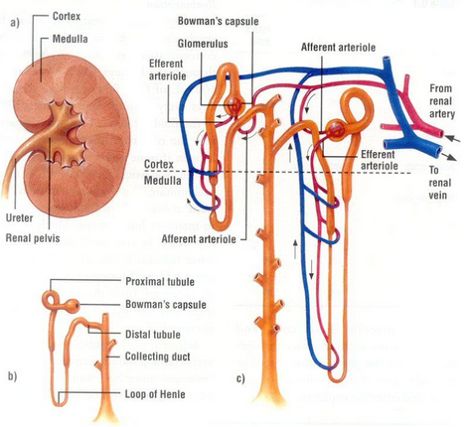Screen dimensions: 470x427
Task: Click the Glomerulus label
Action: (203, 44)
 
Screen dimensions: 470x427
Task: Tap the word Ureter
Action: (20, 217)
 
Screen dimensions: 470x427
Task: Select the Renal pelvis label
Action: (33, 238)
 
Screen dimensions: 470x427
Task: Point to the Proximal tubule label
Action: (160, 282)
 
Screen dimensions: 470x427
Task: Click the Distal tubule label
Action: (153, 334)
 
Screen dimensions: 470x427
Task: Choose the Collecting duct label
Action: (157, 356)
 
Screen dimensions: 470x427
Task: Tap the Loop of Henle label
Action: (155, 394)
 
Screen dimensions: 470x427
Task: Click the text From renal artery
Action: (442, 101)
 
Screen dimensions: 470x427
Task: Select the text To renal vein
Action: (440, 183)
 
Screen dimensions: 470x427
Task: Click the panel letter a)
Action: (15, 23)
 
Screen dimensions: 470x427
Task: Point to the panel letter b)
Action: (12, 376)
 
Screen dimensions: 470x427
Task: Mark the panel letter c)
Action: (240, 378)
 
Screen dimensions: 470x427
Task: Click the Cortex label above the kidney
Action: (67, 16)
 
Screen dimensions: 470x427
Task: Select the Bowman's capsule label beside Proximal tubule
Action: (166, 304)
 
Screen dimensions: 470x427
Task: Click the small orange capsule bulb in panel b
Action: (73, 305)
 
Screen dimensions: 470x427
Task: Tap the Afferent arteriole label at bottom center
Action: (199, 239)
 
